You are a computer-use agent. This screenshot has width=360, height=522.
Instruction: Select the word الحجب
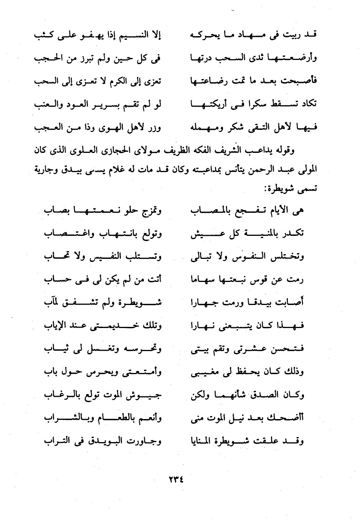point(46,58)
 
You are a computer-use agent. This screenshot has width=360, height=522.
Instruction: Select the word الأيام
point(281,210)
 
